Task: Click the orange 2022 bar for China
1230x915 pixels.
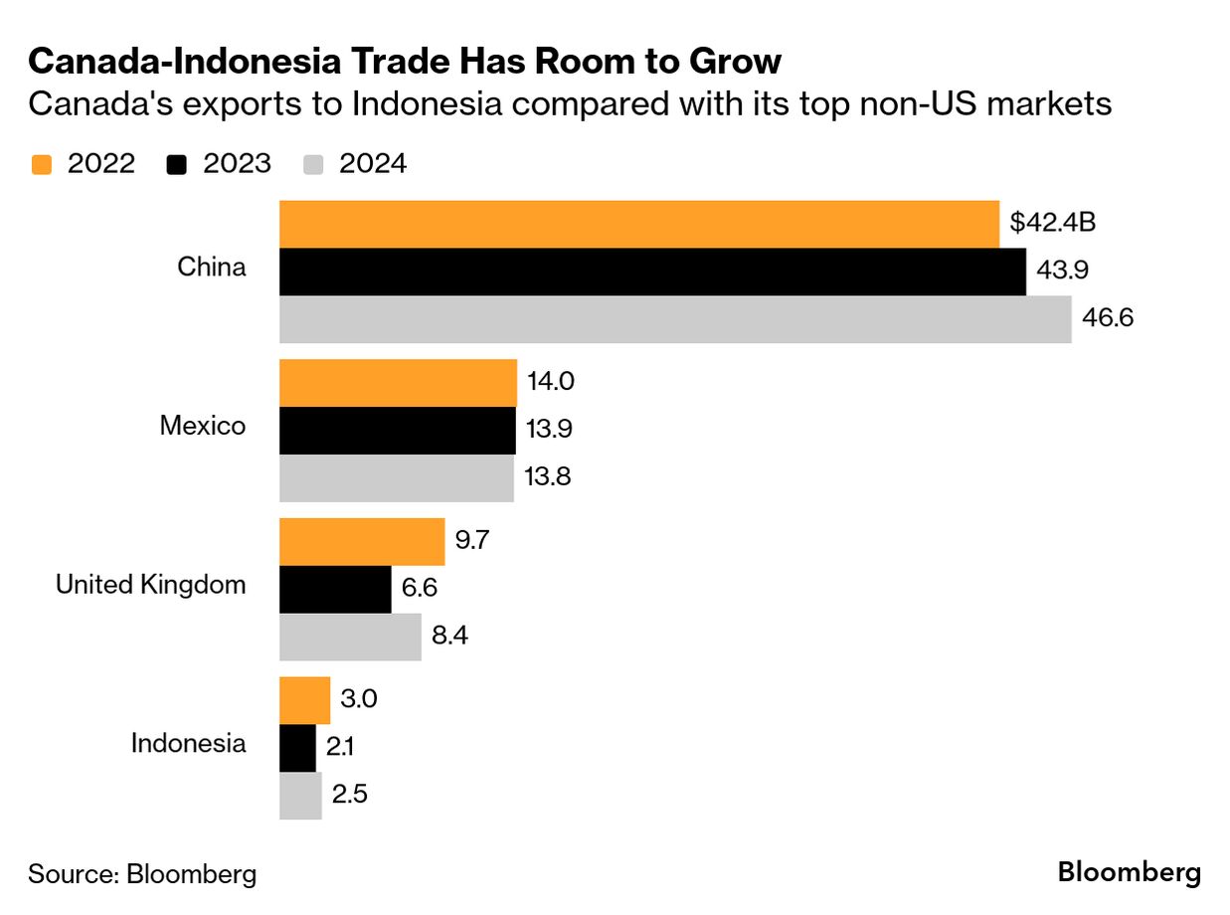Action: click(638, 224)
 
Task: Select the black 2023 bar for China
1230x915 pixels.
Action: click(652, 272)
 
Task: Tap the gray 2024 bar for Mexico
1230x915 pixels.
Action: click(396, 477)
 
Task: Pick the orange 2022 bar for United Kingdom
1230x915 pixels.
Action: click(362, 541)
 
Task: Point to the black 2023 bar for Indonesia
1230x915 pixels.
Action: click(297, 748)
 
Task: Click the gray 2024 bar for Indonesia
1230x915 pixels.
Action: click(300, 796)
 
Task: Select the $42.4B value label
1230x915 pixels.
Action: click(1052, 223)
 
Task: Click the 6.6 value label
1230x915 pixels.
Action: click(420, 589)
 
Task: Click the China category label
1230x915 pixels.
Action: click(211, 267)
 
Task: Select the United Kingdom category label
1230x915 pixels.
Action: click(150, 584)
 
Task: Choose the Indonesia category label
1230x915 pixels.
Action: click(188, 743)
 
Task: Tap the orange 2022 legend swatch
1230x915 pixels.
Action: click(41, 164)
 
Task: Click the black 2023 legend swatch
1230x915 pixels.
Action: click(177, 164)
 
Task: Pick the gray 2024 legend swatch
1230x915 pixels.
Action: click(312, 164)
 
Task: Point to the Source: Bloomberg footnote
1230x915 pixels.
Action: click(142, 874)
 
